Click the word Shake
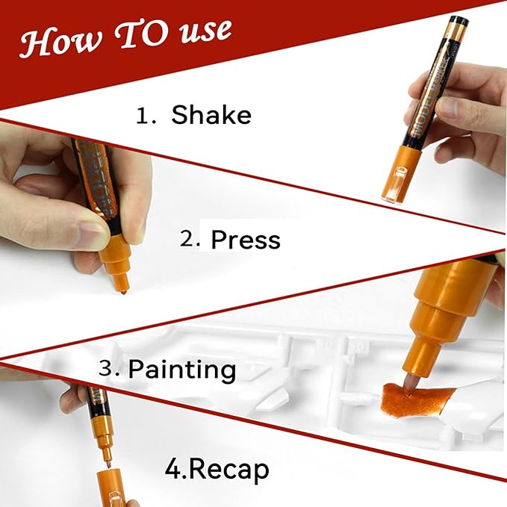[211, 115]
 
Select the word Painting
[182, 369]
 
